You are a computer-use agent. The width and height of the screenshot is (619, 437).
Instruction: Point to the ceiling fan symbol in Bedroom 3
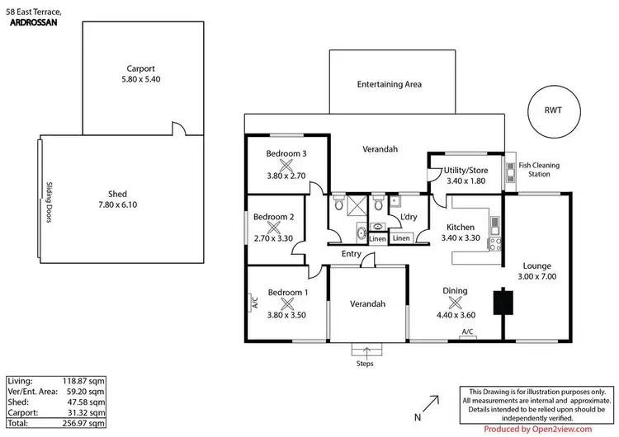pyautogui.click(x=286, y=165)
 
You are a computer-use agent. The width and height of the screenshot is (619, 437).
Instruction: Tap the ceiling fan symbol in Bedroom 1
pyautogui.click(x=287, y=303)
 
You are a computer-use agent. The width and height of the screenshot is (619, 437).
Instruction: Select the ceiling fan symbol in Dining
pyautogui.click(x=455, y=303)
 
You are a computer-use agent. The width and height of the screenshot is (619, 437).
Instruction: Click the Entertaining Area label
pyautogui.click(x=390, y=84)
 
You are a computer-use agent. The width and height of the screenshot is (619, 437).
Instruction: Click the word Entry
pyautogui.click(x=351, y=254)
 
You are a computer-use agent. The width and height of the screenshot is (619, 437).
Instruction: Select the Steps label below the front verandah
pyautogui.click(x=364, y=363)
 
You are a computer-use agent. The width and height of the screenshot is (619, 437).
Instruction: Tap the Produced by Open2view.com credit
pyautogui.click(x=547, y=429)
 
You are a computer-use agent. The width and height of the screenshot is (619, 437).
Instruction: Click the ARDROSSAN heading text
pyautogui.click(x=32, y=23)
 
